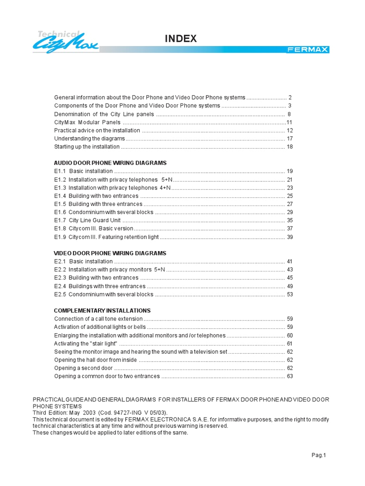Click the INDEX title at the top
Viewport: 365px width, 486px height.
pos(181,39)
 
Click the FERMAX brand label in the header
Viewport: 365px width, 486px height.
pos(307,50)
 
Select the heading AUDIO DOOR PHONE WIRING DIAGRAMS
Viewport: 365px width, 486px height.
pos(110,163)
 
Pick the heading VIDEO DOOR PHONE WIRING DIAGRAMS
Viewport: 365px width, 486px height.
pos(110,253)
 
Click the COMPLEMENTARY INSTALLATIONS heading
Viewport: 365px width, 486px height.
pos(102,311)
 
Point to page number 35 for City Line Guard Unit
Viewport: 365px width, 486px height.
pos(289,220)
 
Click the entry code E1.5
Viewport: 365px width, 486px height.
pos(60,204)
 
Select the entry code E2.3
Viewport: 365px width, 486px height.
pos(60,278)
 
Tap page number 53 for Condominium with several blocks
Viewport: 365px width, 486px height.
pos(289,294)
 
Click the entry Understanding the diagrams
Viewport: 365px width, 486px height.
pos(89,139)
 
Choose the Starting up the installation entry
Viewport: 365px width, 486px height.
pos(87,147)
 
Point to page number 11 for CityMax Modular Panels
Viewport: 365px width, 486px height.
pos(288,122)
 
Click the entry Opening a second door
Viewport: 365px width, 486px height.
pos(83,368)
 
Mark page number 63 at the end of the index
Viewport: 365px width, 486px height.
pos(289,376)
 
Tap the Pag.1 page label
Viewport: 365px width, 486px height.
pos(318,455)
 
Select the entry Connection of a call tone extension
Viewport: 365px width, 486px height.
pos(98,319)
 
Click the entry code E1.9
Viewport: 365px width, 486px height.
pos(60,237)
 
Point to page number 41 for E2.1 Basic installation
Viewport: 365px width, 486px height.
pos(289,262)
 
